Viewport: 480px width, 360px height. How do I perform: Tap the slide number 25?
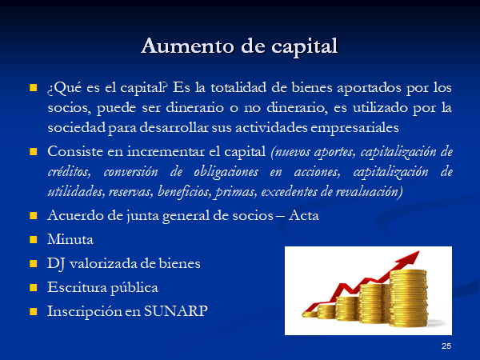pos(446,346)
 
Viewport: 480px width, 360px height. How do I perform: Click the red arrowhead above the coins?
pos(409,258)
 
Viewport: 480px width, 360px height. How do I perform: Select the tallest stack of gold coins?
pos(408,298)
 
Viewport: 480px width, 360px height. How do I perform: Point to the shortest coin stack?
pos(309,314)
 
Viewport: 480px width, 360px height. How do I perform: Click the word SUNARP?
pos(176,311)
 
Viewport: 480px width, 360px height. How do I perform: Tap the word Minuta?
pos(70,239)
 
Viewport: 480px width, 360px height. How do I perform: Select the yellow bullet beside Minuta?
pos(33,239)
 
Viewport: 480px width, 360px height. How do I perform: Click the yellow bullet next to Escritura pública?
pos(33,287)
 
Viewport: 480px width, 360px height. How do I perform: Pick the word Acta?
pos(304,215)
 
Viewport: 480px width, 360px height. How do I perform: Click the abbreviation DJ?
pos(56,264)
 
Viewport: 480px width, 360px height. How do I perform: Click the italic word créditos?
pos(69,172)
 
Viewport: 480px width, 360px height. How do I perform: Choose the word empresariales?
pos(354,128)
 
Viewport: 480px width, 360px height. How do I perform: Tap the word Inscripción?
pos(85,312)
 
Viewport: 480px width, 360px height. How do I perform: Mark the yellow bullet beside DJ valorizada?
pos(33,263)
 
